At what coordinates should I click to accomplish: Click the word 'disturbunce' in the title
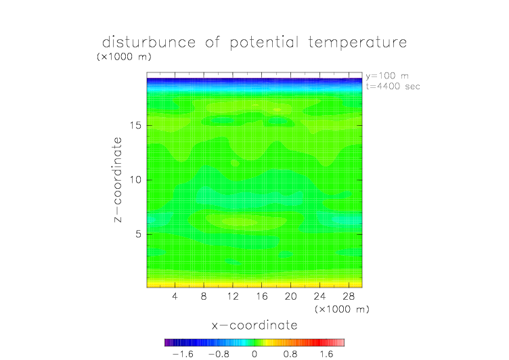pyautogui.click(x=149, y=42)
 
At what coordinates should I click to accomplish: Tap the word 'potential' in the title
pyautogui.click(x=264, y=43)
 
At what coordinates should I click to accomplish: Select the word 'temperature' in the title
pyautogui.click(x=357, y=43)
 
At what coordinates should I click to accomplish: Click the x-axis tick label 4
pyautogui.click(x=175, y=296)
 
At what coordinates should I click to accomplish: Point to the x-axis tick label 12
pyautogui.click(x=233, y=296)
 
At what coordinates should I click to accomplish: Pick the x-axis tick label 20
pyautogui.click(x=290, y=296)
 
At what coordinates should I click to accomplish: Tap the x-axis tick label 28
pyautogui.click(x=349, y=296)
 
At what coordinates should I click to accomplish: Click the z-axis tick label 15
pyautogui.click(x=135, y=125)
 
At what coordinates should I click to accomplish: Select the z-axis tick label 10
pyautogui.click(x=135, y=180)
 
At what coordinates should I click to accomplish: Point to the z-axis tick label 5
pyautogui.click(x=138, y=234)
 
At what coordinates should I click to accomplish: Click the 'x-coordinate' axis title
pyautogui.click(x=255, y=325)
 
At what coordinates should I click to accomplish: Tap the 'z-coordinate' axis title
pyautogui.click(x=118, y=179)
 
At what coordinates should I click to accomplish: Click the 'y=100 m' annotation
pyautogui.click(x=387, y=76)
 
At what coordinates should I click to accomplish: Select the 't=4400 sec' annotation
pyautogui.click(x=393, y=87)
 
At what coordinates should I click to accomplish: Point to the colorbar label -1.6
pyautogui.click(x=183, y=354)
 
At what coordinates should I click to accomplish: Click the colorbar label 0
pyautogui.click(x=255, y=354)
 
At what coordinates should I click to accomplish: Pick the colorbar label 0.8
pyautogui.click(x=290, y=354)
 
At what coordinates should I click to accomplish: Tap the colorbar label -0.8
pyautogui.click(x=219, y=354)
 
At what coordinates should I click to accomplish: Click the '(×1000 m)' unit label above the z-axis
pyautogui.click(x=124, y=57)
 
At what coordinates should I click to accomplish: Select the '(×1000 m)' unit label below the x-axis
pyautogui.click(x=342, y=309)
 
